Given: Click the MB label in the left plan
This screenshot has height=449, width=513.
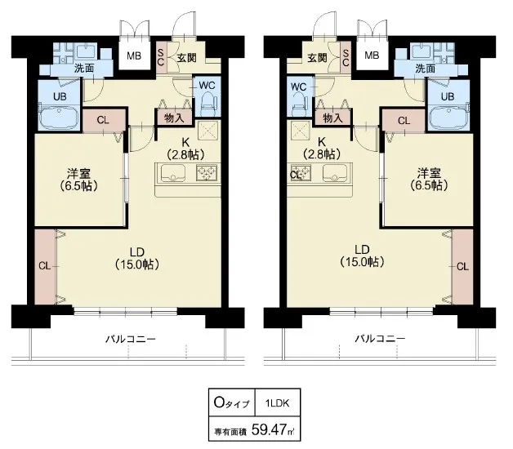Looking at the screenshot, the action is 134,56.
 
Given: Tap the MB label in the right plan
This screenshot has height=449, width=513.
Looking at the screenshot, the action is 372,56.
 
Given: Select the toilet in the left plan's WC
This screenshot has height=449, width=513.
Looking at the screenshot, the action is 207,104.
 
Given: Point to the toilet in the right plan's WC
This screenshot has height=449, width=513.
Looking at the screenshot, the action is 299,103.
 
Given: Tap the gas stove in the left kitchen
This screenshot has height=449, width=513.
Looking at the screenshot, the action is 207,173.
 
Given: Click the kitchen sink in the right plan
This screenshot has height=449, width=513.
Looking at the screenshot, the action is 335,172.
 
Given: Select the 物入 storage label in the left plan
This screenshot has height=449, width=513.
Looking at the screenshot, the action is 174,118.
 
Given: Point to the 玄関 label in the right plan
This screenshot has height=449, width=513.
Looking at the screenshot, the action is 317,58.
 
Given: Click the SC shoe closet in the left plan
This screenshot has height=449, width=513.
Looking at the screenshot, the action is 161,58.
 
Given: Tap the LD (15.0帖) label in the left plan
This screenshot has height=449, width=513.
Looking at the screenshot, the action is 137,258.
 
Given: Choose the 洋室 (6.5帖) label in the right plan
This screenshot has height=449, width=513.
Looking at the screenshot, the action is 429,180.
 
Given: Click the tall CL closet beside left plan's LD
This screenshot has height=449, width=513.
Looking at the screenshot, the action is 45,267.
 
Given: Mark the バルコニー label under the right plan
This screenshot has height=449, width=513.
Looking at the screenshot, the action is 380,339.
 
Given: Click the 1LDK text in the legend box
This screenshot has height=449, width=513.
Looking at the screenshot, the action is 278,403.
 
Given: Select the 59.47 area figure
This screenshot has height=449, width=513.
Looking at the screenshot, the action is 269,429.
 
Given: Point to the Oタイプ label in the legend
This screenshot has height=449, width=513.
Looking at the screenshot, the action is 231,403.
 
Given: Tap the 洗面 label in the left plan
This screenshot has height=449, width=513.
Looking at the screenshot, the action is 84,69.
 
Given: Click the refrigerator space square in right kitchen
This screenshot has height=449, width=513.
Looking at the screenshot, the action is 301,131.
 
